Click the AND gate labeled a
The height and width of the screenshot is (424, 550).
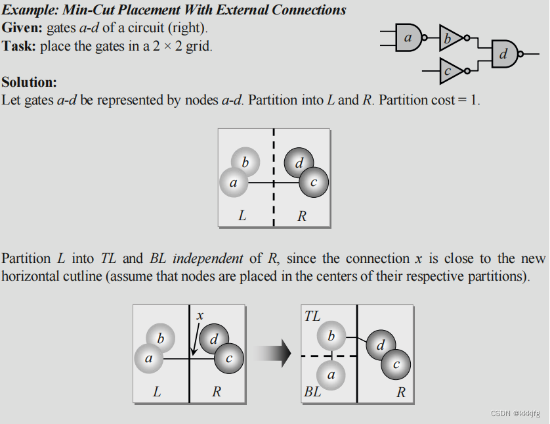[x=408, y=38]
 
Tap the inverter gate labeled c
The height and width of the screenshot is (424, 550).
[x=449, y=71]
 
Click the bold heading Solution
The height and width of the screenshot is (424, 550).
[x=30, y=82]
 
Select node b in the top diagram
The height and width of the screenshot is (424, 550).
[x=245, y=161]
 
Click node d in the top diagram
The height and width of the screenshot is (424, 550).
[x=299, y=162]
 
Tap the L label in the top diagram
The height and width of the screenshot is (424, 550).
[x=242, y=215]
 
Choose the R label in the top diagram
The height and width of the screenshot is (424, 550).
[x=302, y=215]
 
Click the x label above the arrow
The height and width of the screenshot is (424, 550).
[x=200, y=316]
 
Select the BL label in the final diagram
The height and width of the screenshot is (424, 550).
[x=312, y=392]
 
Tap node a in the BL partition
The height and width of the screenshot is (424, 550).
[x=331, y=375]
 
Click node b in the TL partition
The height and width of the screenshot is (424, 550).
[x=331, y=337]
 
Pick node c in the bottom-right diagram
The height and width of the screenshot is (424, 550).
[x=396, y=363]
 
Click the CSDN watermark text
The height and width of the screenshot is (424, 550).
[x=515, y=413]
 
